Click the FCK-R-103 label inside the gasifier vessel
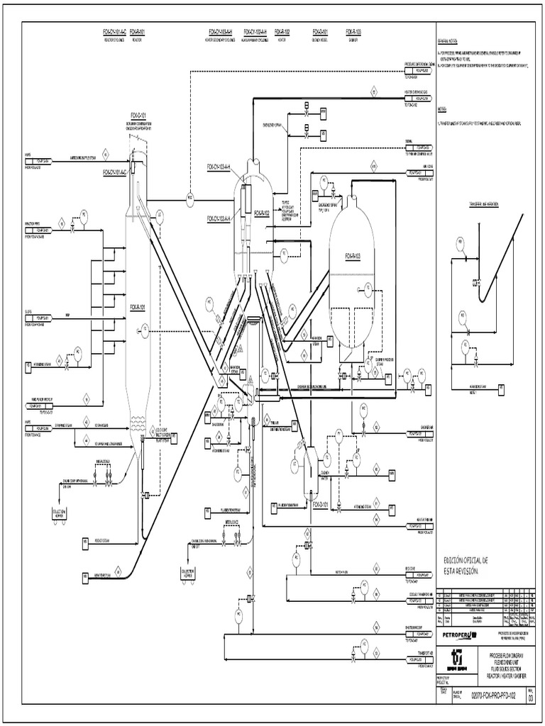click(x=353, y=255)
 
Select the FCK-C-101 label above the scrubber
click(x=139, y=115)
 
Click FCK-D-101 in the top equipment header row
click(x=319, y=32)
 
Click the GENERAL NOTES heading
click(x=451, y=42)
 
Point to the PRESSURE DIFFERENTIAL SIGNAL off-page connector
click(x=420, y=68)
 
